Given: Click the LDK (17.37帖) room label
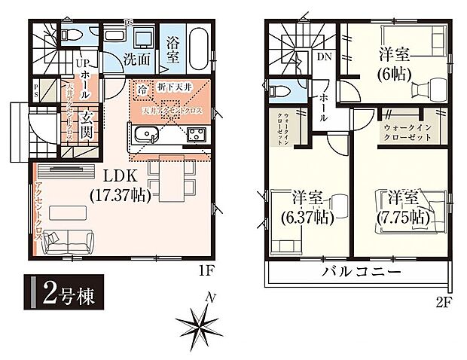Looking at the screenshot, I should tap(121, 186).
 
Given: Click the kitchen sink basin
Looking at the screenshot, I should tap(145, 135).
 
